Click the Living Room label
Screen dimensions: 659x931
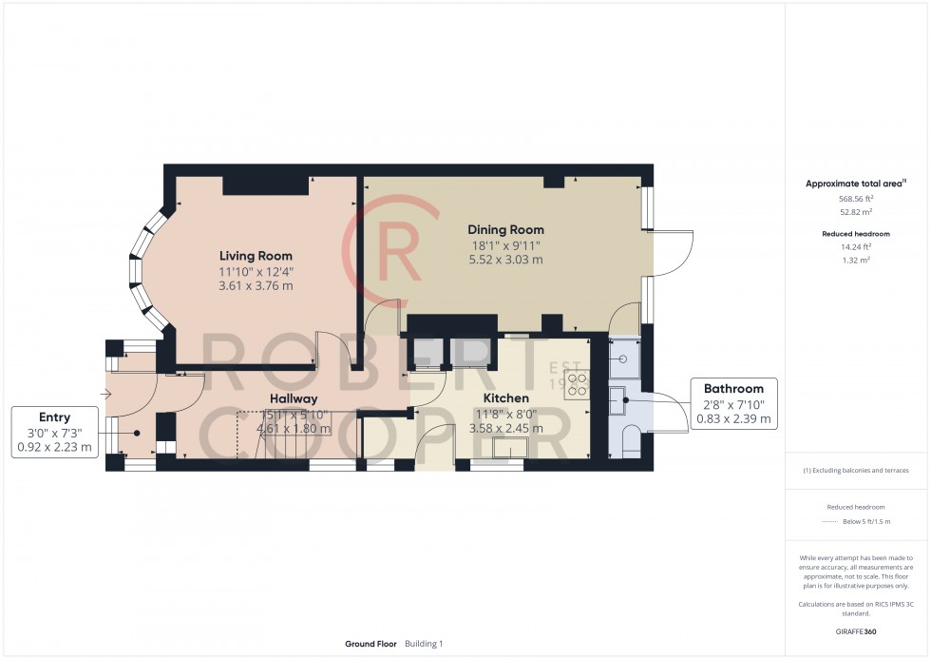tap(256, 256)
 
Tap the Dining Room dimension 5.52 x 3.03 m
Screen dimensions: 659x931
tap(505, 260)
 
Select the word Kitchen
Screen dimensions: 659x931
tap(505, 397)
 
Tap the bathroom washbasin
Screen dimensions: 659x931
tap(617, 398)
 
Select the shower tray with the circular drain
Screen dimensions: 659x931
tap(623, 359)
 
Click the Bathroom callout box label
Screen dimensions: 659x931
tap(733, 388)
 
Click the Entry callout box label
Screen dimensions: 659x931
tap(54, 417)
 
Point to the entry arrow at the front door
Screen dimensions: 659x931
tap(107, 394)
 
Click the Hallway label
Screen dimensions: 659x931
tap(293, 398)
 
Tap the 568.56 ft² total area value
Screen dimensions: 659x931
tap(856, 198)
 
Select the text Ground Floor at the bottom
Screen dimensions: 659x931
tap(371, 644)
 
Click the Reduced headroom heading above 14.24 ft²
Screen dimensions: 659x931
tap(856, 233)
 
